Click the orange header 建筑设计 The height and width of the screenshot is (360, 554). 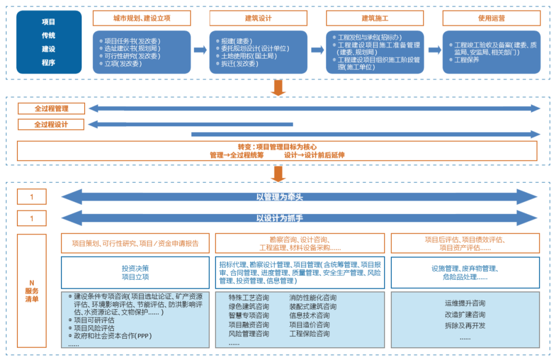[x=258, y=18]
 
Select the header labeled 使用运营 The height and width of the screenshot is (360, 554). [x=491, y=18]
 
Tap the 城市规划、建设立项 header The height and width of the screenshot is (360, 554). [x=142, y=18]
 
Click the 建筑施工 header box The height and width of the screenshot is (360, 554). [x=375, y=18]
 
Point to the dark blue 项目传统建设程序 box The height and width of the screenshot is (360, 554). [x=49, y=42]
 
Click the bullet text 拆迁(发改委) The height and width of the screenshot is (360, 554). [x=239, y=64]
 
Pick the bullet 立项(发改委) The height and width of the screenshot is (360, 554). [x=123, y=64]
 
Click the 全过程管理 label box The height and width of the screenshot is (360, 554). [x=51, y=109]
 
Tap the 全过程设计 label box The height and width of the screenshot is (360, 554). [x=51, y=125]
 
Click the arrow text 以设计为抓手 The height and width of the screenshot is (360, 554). [x=280, y=218]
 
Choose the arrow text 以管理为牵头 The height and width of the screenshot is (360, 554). [x=280, y=196]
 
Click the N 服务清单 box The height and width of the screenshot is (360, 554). [x=32, y=291]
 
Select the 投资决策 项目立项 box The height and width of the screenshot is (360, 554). [x=135, y=272]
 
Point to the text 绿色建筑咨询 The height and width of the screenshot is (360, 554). [x=249, y=307]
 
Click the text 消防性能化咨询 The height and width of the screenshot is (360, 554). [x=313, y=297]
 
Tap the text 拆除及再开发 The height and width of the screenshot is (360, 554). [x=465, y=326]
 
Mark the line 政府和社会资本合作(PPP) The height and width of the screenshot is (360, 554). [x=113, y=336]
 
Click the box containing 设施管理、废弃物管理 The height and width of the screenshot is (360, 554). [x=465, y=272]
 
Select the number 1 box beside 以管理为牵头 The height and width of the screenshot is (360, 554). [x=32, y=197]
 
